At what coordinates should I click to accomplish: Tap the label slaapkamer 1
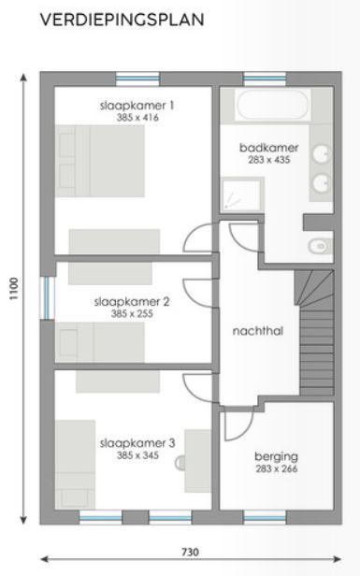[x=137, y=106]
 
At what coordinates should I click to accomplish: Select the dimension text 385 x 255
[x=133, y=314]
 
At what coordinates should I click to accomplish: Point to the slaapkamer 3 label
[x=137, y=444]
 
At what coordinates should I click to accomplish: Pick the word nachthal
[x=257, y=331]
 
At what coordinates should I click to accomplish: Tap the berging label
[x=276, y=456]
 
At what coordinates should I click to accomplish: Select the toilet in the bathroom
[x=319, y=246]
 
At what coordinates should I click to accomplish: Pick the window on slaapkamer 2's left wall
[x=45, y=297]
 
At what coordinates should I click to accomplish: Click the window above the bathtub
[x=265, y=78]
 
